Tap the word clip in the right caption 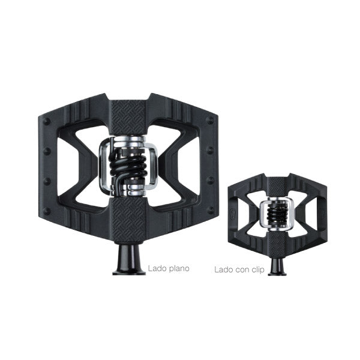point(258,270)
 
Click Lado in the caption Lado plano point(156,268)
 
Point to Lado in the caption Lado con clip point(224,269)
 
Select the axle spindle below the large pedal point(129,259)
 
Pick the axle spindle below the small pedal point(277,266)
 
